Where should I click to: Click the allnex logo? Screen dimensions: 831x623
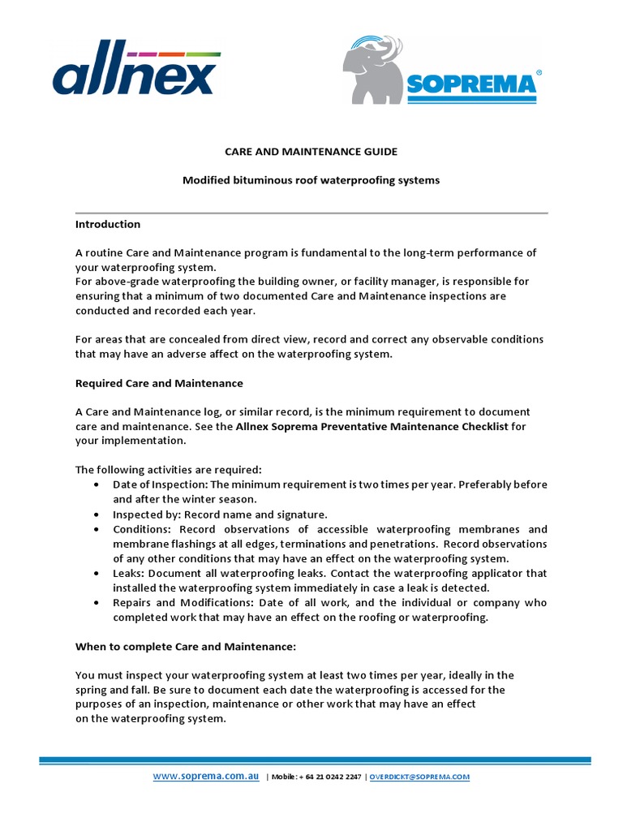click(136, 73)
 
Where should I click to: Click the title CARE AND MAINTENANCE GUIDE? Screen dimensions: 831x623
click(311, 152)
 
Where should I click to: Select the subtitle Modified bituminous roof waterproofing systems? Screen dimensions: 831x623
click(311, 180)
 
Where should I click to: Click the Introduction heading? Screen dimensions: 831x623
click(108, 224)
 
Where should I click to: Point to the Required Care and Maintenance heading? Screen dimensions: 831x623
click(159, 383)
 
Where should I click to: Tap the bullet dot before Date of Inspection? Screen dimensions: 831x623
click(97, 484)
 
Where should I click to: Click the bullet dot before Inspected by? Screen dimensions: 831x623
click(97, 515)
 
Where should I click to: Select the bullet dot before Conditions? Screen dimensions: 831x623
click(97, 529)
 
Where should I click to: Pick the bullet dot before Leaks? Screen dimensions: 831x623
click(97, 573)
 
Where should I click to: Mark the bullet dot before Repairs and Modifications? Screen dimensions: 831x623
click(97, 603)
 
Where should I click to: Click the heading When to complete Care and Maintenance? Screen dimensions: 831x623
click(185, 647)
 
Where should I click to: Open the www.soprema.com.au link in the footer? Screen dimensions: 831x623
click(206, 777)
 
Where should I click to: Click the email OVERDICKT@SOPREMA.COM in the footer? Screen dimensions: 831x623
click(419, 777)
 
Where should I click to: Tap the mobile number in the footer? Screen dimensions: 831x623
click(329, 777)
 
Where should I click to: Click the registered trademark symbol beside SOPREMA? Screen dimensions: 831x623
click(539, 72)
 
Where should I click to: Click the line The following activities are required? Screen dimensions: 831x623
click(169, 470)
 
